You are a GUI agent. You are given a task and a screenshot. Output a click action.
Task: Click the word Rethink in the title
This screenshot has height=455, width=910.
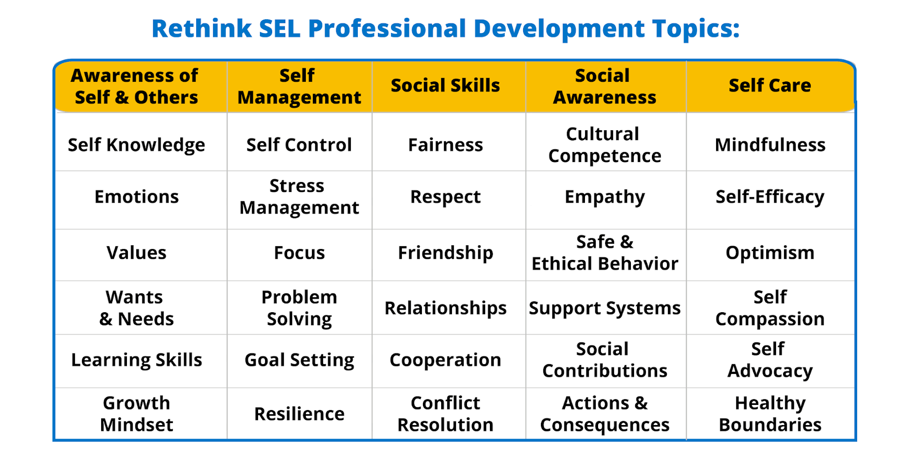point(201,29)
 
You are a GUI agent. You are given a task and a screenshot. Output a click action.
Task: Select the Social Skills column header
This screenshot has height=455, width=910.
point(445,86)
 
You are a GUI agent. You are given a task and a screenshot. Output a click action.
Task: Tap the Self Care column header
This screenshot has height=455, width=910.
point(769,86)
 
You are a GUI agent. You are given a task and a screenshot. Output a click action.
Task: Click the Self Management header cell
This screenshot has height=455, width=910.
point(299,87)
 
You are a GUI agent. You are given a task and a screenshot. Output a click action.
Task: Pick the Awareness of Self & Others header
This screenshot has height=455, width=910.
point(136,87)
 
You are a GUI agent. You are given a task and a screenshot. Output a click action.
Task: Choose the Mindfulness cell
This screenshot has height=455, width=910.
point(769,145)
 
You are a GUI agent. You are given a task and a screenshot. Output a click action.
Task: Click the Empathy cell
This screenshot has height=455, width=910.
point(605,197)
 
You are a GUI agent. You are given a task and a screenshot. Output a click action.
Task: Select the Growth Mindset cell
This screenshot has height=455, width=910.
point(136,414)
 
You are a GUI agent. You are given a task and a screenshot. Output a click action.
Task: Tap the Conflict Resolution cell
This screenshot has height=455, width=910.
point(445,414)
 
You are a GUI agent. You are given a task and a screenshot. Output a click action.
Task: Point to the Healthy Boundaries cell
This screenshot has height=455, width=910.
point(769,414)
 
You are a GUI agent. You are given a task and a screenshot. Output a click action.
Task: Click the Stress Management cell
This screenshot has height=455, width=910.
point(299,197)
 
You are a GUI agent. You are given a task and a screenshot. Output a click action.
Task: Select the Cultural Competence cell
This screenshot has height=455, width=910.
point(605,145)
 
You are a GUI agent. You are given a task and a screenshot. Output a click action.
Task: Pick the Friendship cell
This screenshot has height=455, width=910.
point(445,253)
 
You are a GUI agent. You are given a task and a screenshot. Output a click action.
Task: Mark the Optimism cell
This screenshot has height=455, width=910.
point(769,253)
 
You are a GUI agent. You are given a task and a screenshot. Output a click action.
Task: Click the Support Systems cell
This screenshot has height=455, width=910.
point(605,308)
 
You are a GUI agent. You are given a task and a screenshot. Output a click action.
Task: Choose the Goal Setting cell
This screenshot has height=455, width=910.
point(299,360)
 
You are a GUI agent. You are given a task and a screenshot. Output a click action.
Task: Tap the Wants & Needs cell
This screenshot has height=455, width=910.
point(136,308)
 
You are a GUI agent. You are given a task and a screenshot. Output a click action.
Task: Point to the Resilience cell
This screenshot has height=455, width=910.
point(299,414)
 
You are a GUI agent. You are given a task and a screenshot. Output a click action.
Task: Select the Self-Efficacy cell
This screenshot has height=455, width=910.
point(769,197)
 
